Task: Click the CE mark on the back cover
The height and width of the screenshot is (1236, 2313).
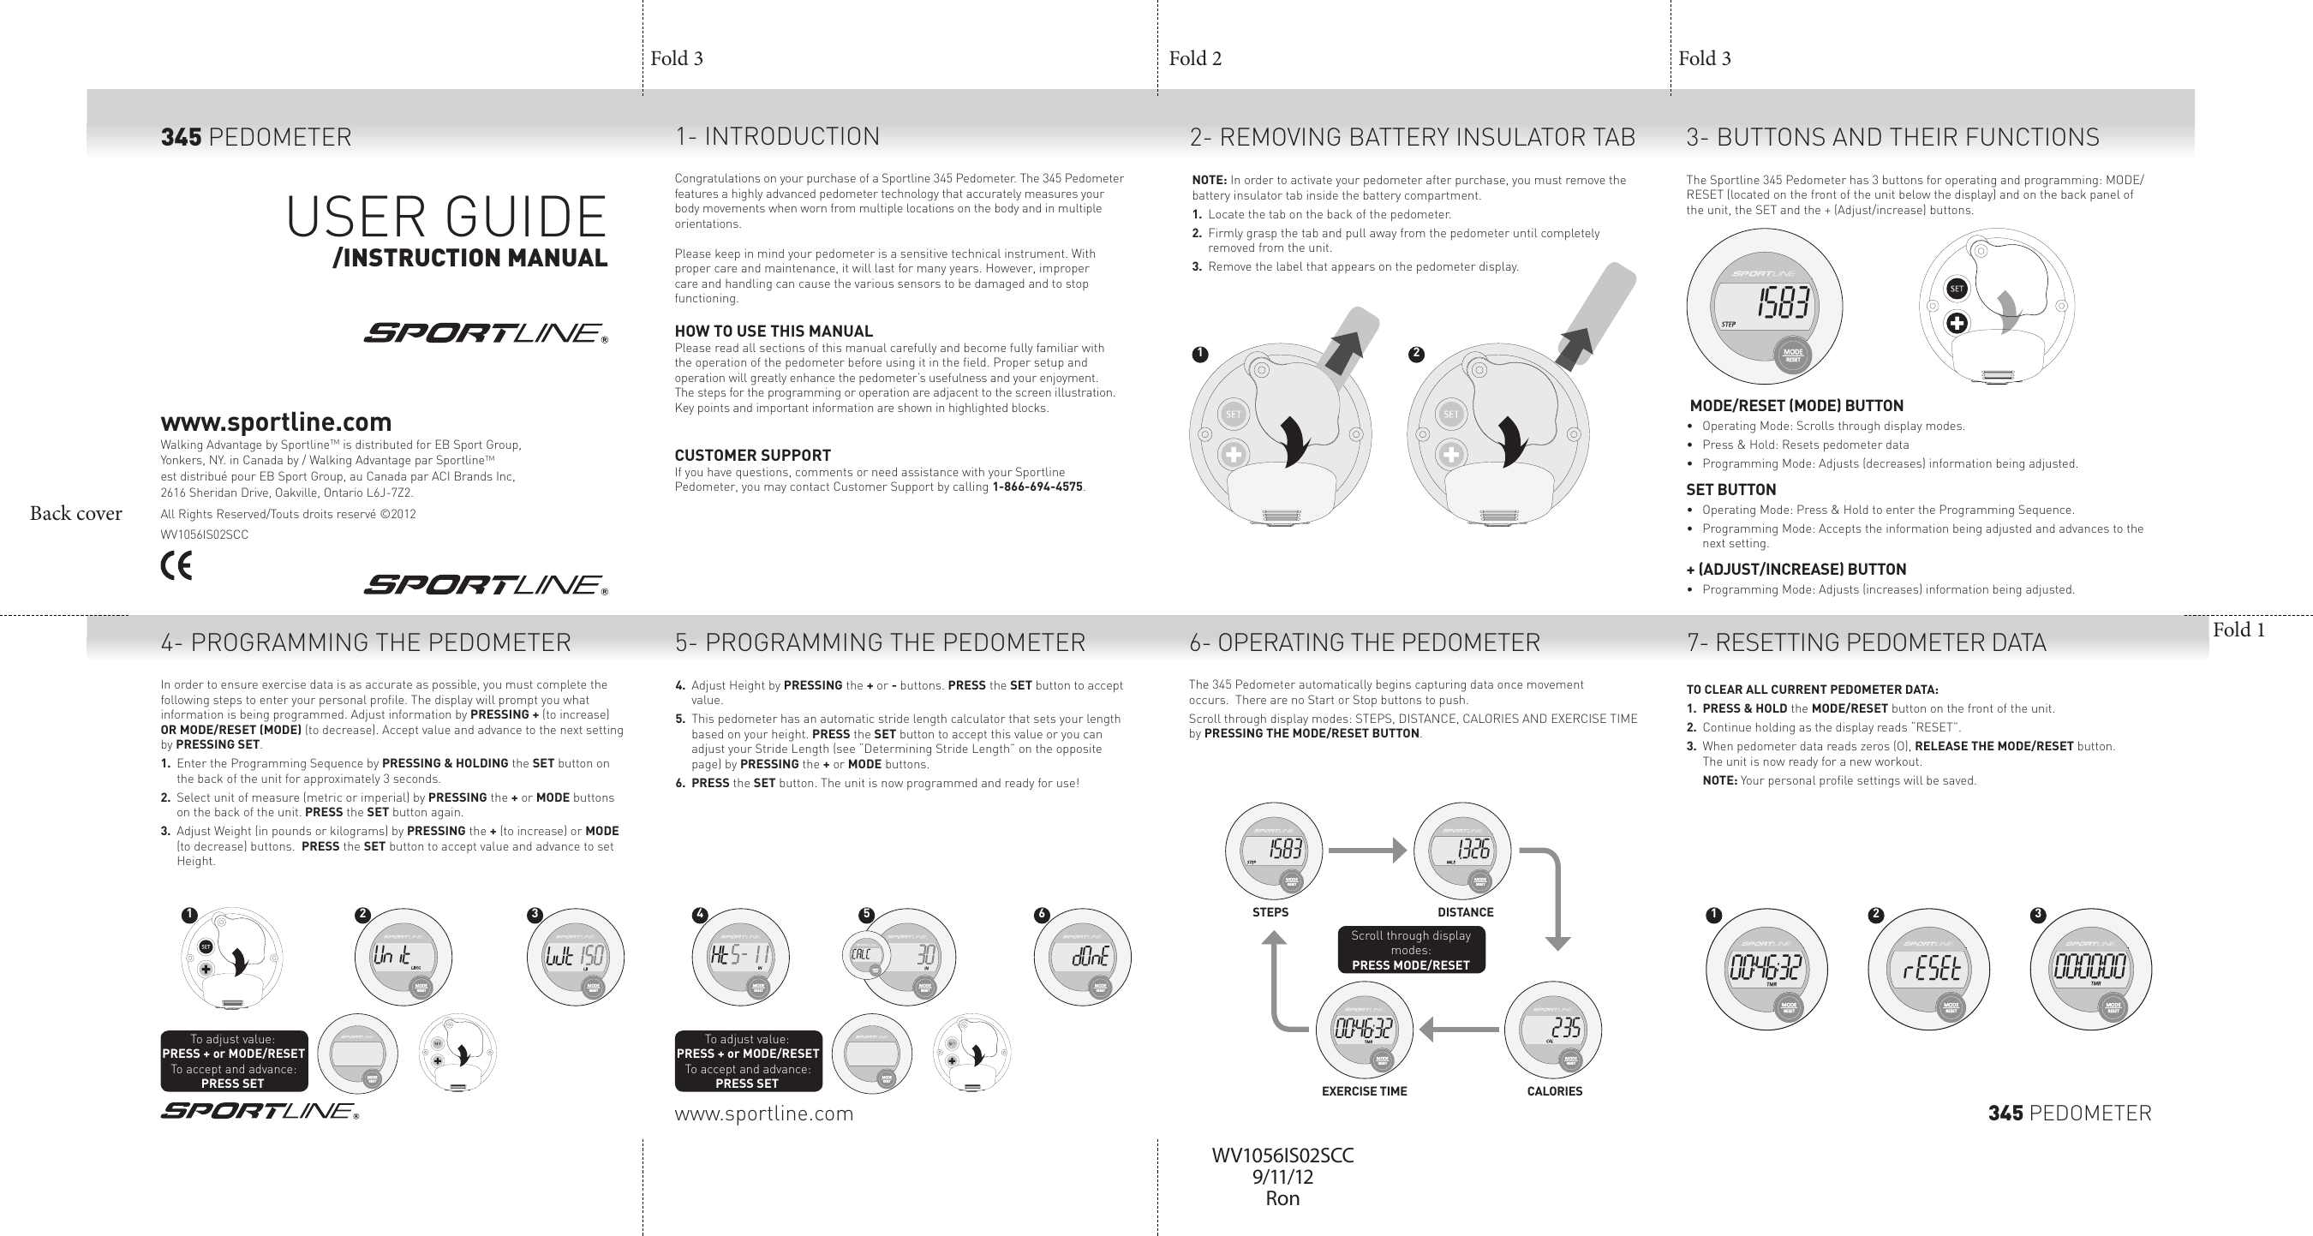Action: point(176,565)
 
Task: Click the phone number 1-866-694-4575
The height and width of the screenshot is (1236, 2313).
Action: point(1037,487)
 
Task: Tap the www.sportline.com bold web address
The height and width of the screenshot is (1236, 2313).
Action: point(276,422)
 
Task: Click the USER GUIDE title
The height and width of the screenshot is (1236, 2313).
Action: point(446,218)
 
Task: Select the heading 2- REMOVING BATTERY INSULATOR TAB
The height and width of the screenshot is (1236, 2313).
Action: point(1412,137)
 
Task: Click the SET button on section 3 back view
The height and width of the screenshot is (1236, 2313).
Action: point(1957,288)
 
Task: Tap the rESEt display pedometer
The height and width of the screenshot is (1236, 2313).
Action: point(1927,969)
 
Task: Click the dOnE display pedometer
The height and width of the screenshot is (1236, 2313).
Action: point(1082,957)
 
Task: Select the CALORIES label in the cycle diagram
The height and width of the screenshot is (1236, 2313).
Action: point(1554,1091)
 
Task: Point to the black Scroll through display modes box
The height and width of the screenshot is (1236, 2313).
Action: point(1411,950)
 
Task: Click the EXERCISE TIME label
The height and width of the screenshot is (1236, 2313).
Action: point(1364,1091)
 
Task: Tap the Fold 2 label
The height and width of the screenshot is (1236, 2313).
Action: point(1194,59)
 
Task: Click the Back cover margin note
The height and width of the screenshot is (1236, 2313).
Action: point(75,513)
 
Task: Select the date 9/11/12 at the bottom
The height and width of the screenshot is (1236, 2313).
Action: point(1282,1177)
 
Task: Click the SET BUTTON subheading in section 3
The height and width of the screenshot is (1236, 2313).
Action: point(1730,490)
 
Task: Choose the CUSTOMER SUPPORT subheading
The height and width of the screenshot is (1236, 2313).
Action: point(752,455)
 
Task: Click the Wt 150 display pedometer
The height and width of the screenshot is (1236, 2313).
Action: point(575,957)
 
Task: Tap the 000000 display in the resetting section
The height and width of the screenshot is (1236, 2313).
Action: point(2089,969)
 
